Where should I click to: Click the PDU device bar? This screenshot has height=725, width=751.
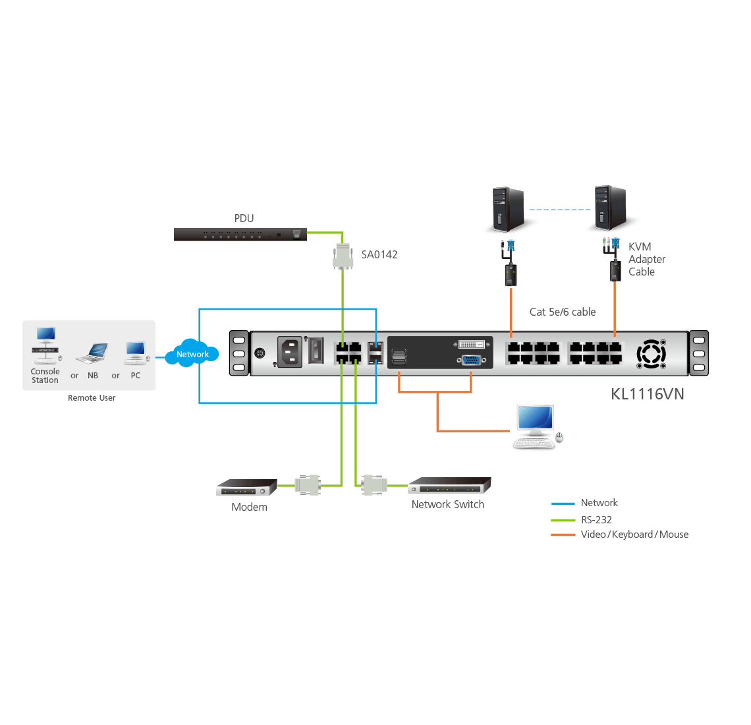pos(240,234)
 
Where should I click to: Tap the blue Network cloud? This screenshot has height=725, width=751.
pos(192,353)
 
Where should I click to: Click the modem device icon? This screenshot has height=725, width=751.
pos(246,488)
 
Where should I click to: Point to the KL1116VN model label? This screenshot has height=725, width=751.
pos(647,394)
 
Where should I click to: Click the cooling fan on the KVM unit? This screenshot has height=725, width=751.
pos(651,354)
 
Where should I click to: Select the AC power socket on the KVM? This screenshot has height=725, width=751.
pos(289,352)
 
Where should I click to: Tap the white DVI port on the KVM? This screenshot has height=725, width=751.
pos(472,344)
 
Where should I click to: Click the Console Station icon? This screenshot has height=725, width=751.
pos(45,345)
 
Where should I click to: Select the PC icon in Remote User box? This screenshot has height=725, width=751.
pos(136,352)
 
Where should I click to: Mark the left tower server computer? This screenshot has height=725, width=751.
pos(508,210)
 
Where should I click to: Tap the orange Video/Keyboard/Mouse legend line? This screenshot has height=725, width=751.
pos(563,535)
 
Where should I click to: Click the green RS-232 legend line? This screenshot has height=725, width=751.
pos(563,519)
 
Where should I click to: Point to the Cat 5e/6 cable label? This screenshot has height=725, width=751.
pos(563,312)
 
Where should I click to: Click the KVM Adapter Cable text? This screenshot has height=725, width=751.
pos(646,259)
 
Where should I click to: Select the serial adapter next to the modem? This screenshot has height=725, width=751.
pos(308,484)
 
